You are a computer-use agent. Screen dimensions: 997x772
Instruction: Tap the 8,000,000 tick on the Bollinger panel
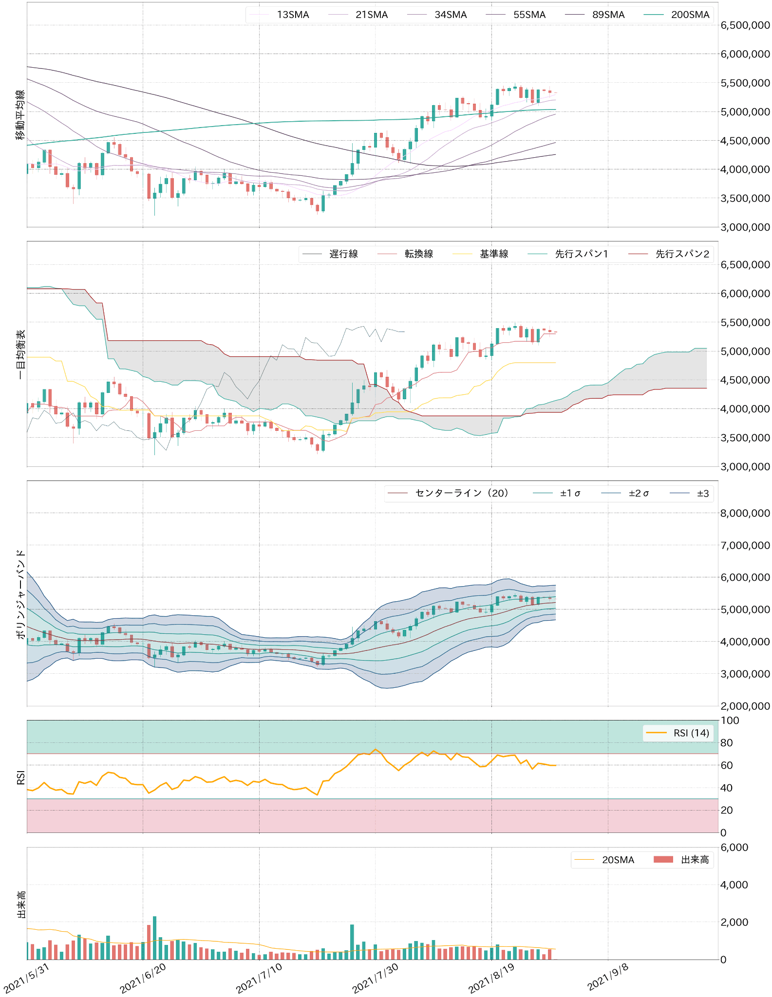click(x=745, y=513)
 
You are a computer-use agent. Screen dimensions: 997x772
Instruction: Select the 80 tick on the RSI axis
click(x=726, y=743)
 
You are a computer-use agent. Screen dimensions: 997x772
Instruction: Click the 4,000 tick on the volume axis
click(x=734, y=885)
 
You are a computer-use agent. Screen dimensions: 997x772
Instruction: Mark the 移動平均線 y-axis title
click(x=20, y=115)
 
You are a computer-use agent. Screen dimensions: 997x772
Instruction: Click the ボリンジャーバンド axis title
click(x=20, y=594)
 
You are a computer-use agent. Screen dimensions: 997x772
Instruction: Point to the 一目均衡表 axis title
click(x=20, y=354)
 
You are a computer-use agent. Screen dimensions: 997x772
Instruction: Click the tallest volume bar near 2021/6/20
click(x=154, y=938)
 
